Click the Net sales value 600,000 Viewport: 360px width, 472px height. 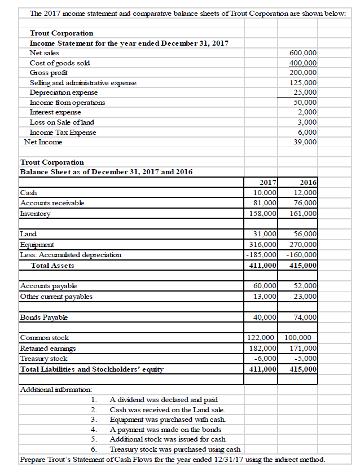pos(302,52)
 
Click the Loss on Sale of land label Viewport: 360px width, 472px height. pos(62,122)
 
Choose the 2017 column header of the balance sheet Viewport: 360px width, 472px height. pos(267,182)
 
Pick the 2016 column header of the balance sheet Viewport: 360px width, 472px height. pos(309,182)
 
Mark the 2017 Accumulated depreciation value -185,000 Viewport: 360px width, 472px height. pos(261,254)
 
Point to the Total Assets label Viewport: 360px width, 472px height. pos(52,265)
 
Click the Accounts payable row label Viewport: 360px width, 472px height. pos(44,286)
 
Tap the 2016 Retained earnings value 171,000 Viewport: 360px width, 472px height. pos(304,348)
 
